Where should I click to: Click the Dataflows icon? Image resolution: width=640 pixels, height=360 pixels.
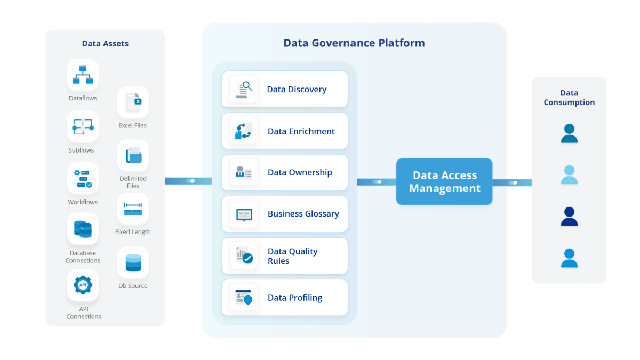pyautogui.click(x=83, y=75)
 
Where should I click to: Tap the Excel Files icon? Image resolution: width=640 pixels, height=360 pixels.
pyautogui.click(x=133, y=102)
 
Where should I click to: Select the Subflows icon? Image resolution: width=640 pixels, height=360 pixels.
pyautogui.click(x=83, y=126)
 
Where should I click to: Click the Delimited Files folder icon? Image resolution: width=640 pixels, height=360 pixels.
pyautogui.click(x=133, y=155)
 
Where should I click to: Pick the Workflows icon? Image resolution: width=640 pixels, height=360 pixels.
pyautogui.click(x=83, y=178)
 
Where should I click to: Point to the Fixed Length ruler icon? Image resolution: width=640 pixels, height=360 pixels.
pyautogui.click(x=133, y=209)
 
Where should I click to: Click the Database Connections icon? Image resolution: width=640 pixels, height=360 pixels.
pyautogui.click(x=83, y=229)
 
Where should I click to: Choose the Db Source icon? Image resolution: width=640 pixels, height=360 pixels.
pyautogui.click(x=133, y=262)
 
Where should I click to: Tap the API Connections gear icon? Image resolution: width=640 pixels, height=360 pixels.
pyautogui.click(x=83, y=285)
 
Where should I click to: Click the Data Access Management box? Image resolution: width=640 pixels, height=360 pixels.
pyautogui.click(x=444, y=182)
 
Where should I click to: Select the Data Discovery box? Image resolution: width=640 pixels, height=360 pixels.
pyautogui.click(x=284, y=89)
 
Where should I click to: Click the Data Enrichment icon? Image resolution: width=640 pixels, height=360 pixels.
pyautogui.click(x=244, y=131)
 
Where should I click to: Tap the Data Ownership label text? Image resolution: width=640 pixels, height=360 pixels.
pyautogui.click(x=300, y=172)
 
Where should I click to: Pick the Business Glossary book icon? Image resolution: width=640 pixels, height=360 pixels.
pyautogui.click(x=244, y=214)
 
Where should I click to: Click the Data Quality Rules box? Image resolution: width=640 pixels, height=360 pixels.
pyautogui.click(x=284, y=256)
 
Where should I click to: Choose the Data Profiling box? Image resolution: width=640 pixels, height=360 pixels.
pyautogui.click(x=284, y=298)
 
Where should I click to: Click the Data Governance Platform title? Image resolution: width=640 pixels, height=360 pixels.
pyautogui.click(x=354, y=43)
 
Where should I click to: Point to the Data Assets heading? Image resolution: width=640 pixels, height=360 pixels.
pyautogui.click(x=105, y=44)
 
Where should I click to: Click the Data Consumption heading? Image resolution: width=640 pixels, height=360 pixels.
pyautogui.click(x=569, y=98)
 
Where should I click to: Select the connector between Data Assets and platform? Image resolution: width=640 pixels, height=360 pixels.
pyautogui.click(x=184, y=181)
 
